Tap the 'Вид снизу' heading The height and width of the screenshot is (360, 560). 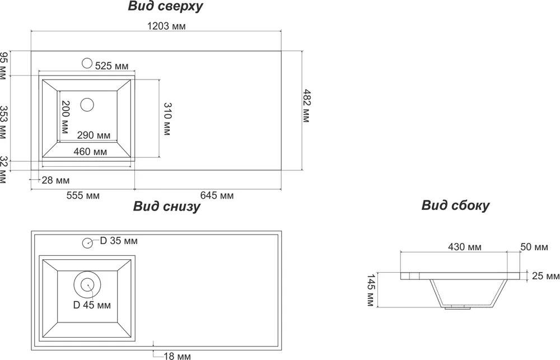pyautogui.click(x=166, y=207)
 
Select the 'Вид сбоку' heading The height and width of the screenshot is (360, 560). pyautogui.click(x=455, y=205)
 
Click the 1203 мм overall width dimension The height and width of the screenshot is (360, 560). pyautogui.click(x=166, y=26)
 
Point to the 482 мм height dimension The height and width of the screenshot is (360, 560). pyautogui.click(x=306, y=106)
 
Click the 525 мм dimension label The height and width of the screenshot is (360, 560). pyautogui.click(x=111, y=66)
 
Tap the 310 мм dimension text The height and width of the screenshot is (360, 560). pyautogui.click(x=167, y=119)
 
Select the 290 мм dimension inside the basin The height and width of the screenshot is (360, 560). pyautogui.click(x=93, y=135)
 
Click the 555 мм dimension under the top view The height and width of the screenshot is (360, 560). pyautogui.click(x=83, y=195)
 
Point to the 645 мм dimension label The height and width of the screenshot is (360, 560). pyautogui.click(x=217, y=195)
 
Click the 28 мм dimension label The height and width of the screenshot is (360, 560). pyautogui.click(x=55, y=180)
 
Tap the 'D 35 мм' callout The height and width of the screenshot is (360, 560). pyautogui.click(x=119, y=241)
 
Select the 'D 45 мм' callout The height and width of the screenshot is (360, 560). pyautogui.click(x=92, y=306)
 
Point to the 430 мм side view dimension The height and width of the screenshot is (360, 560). pyautogui.click(x=466, y=247)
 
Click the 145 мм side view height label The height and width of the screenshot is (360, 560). pyautogui.click(x=370, y=290)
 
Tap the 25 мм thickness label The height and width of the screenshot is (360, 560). pyautogui.click(x=545, y=276)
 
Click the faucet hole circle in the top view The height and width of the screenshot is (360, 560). pyautogui.click(x=87, y=63)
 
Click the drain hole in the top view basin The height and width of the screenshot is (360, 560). pyautogui.click(x=87, y=104)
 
